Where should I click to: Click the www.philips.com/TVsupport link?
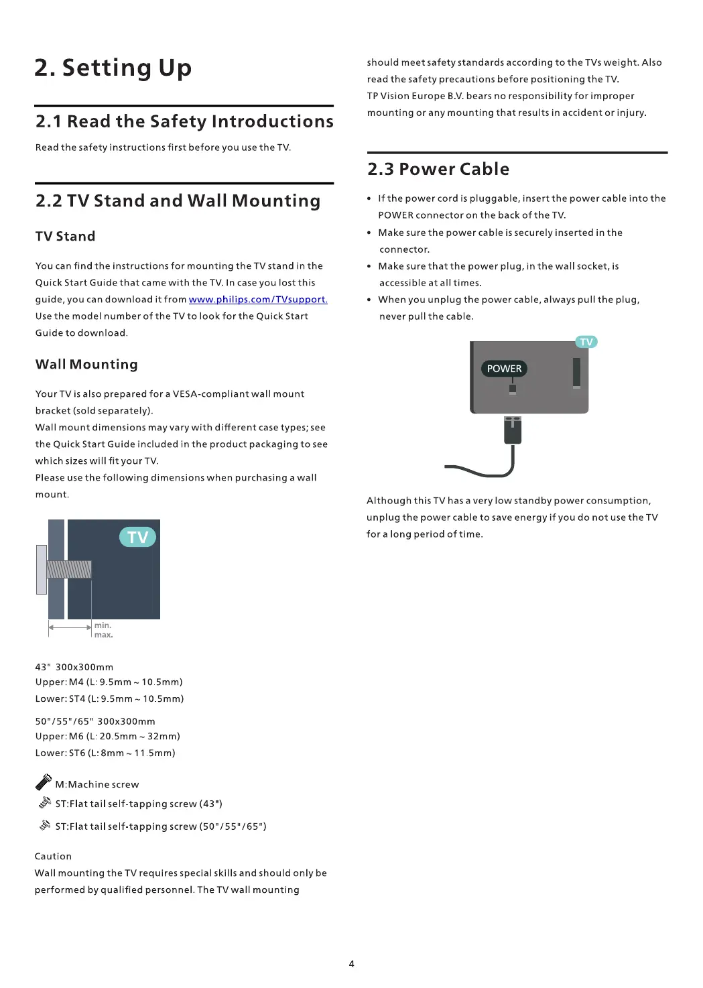click(x=258, y=300)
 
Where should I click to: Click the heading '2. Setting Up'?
click(x=113, y=68)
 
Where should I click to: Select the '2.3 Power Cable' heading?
click(x=438, y=169)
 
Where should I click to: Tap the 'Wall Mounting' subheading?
click(x=86, y=364)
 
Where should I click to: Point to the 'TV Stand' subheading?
click(x=66, y=236)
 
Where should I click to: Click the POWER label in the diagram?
click(x=504, y=369)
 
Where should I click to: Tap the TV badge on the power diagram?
click(x=586, y=342)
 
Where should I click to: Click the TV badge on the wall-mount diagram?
click(x=137, y=537)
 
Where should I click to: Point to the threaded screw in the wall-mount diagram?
click(x=68, y=569)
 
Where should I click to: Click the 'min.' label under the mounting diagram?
click(x=103, y=625)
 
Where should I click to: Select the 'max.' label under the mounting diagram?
click(x=103, y=635)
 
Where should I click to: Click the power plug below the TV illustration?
click(x=513, y=430)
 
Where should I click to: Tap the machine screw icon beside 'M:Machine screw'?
click(x=44, y=782)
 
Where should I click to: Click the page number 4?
click(x=351, y=964)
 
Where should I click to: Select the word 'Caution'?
click(x=53, y=856)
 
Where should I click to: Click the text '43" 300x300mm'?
click(x=74, y=667)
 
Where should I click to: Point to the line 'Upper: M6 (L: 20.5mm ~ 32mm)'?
click(x=108, y=736)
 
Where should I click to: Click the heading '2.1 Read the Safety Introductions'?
click(x=184, y=121)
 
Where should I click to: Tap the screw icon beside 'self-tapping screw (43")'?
click(x=45, y=802)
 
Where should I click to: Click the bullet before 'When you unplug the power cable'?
click(x=369, y=300)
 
